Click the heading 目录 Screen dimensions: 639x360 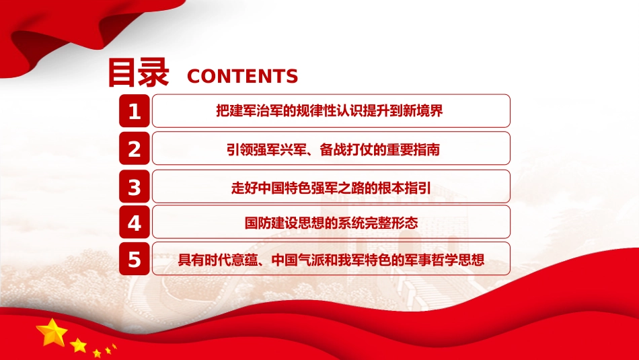coord(139,73)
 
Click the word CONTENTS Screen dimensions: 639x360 coord(242,76)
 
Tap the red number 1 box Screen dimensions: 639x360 coord(135,111)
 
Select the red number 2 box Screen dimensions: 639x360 coord(135,149)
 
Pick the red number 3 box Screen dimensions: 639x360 coord(135,186)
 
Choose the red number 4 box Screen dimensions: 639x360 coord(135,222)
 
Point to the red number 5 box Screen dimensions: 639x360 coord(135,258)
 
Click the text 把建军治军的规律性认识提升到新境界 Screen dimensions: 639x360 coord(330,111)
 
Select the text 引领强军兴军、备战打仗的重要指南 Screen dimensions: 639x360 coord(333,149)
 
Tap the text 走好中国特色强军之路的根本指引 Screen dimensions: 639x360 coord(331,188)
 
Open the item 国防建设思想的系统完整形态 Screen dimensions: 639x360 coord(331,223)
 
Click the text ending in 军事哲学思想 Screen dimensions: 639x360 coord(331,260)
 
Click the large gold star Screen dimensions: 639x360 coord(52,332)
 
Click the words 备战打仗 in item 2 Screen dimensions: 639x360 coord(346,149)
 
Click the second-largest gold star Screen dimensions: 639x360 coord(78,345)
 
